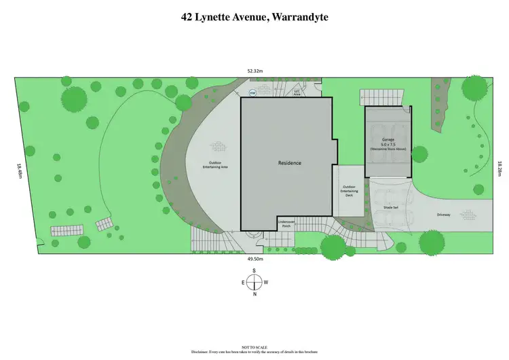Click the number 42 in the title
(187, 17)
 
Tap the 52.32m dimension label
(254, 70)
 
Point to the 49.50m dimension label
(254, 259)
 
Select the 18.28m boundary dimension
(499, 167)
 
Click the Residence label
(289, 163)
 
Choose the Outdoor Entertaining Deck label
(349, 190)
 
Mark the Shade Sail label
(390, 208)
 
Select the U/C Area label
(297, 94)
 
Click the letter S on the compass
(254, 271)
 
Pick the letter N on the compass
(254, 294)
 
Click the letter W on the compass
(266, 283)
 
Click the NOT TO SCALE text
(254, 346)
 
